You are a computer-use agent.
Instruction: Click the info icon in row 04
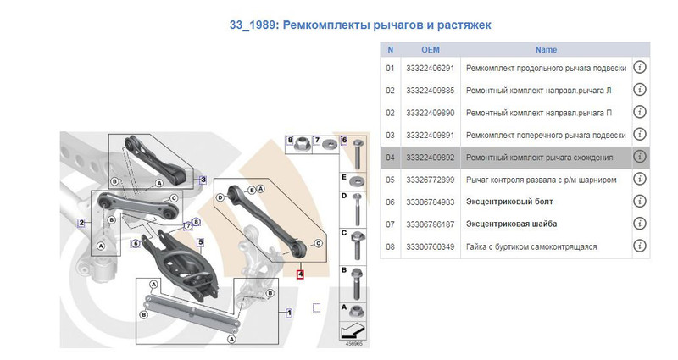[640, 157]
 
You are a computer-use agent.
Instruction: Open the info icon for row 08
[640, 246]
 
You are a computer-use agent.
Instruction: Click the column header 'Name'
[546, 49]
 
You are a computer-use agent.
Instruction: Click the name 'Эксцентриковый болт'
[511, 202]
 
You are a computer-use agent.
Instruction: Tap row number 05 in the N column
[390, 180]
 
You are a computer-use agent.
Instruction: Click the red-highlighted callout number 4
[300, 274]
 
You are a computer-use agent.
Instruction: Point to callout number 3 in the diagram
[203, 179]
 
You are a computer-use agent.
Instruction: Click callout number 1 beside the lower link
[289, 312]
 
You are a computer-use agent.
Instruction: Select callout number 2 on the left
[81, 224]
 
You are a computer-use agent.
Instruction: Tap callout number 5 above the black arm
[201, 242]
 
